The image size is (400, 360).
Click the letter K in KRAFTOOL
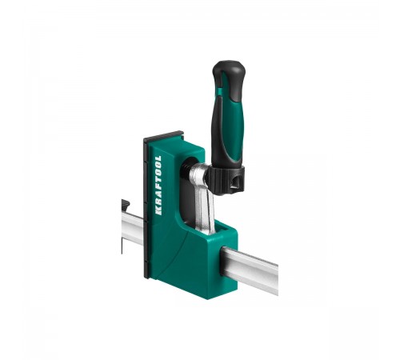coord(158,210)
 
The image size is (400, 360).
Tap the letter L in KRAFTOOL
coord(158,158)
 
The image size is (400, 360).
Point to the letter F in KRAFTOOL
coord(158,190)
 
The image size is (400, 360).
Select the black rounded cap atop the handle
coord(228,70)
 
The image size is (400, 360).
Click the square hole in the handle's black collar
coord(237,185)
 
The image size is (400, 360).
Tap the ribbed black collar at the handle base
coord(226,180)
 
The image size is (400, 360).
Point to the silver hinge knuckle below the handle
coord(198,174)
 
